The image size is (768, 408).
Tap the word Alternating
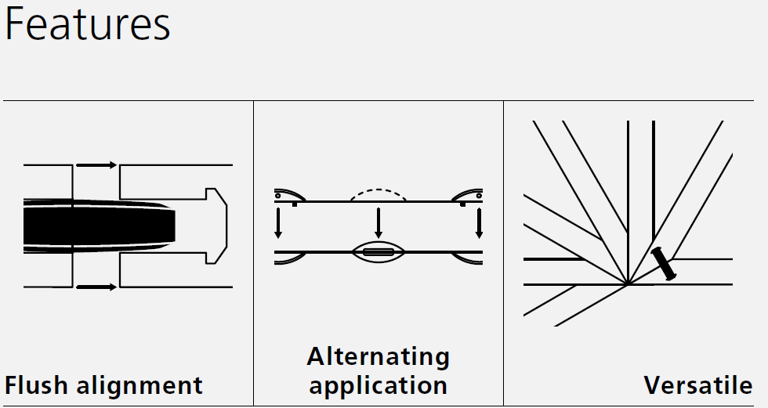pos(379,357)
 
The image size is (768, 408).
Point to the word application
pos(379,385)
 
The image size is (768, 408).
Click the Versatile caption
pos(698,385)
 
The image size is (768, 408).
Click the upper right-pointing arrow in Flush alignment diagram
pos(96,165)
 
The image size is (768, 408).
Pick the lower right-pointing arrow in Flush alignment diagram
pos(96,287)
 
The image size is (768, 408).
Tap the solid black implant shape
pos(94,226)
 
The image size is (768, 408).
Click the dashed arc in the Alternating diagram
pos(379,190)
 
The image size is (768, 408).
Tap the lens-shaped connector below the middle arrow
pos(379,252)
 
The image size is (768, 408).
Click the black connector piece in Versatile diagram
pos(662,263)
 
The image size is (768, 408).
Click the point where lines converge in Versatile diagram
pos(627,283)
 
